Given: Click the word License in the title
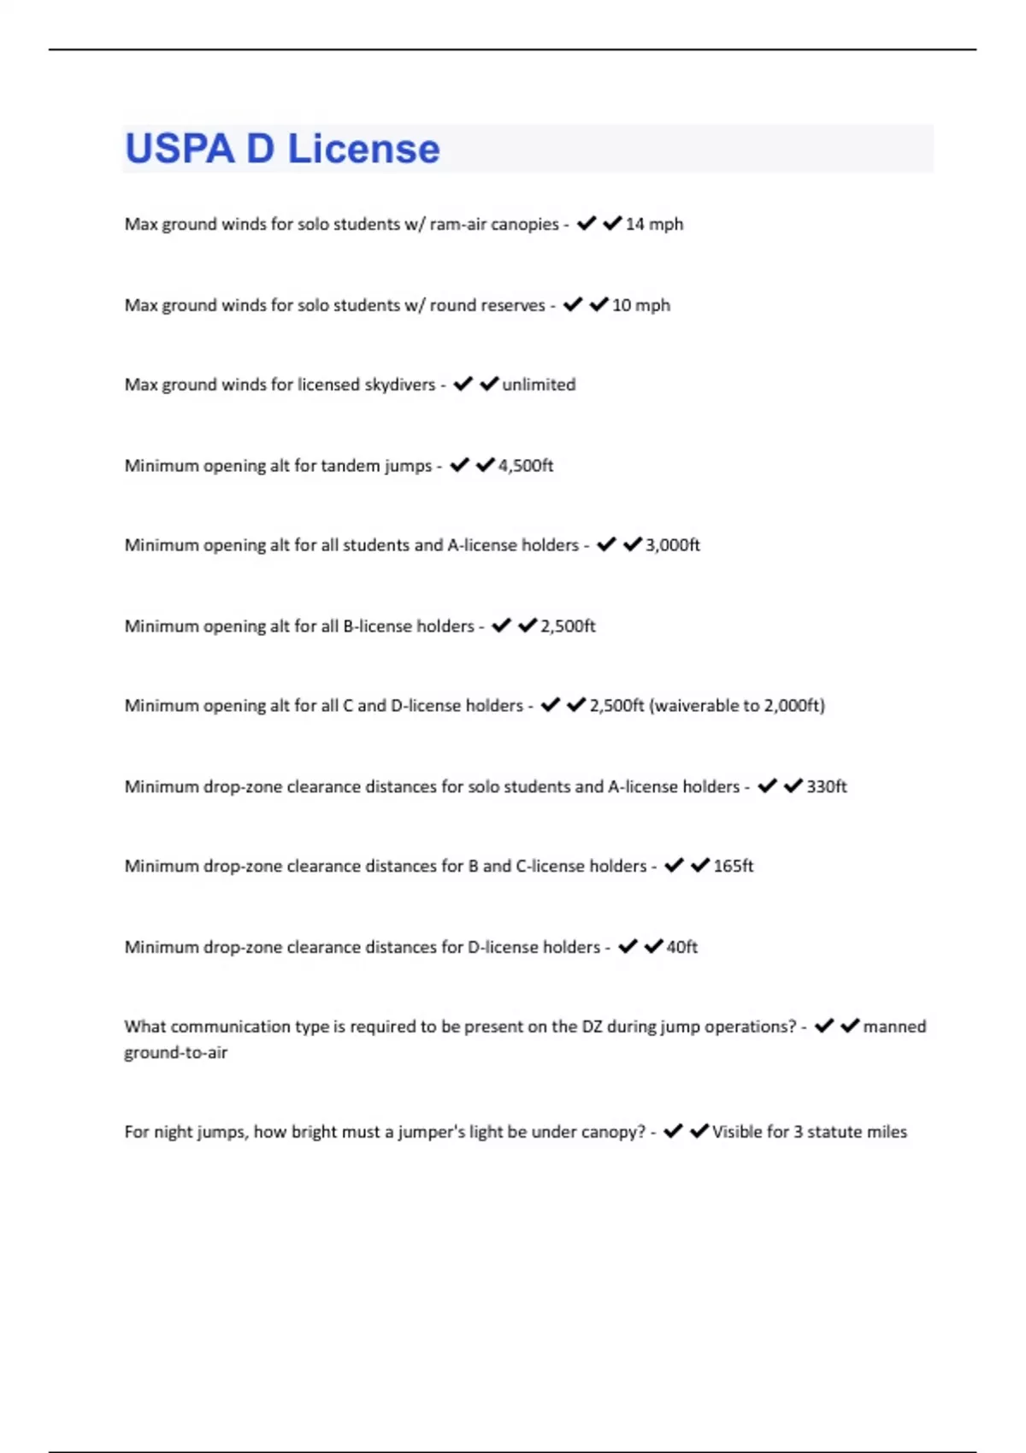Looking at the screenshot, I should click(363, 149).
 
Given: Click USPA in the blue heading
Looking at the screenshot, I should click(180, 149).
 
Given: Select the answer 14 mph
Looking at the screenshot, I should click(654, 224).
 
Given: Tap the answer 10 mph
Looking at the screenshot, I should click(641, 305).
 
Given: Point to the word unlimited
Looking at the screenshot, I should click(539, 385).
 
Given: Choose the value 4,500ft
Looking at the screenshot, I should click(526, 466).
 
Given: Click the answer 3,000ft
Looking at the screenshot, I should click(673, 545).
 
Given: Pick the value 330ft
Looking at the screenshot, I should click(827, 786).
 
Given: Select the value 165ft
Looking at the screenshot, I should click(734, 866).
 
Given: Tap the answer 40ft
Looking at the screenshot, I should click(682, 947).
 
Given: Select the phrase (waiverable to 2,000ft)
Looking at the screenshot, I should click(737, 706).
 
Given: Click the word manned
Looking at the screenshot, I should click(894, 1027).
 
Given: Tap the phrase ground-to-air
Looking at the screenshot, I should click(176, 1053).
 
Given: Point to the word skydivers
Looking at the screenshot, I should click(400, 385).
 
